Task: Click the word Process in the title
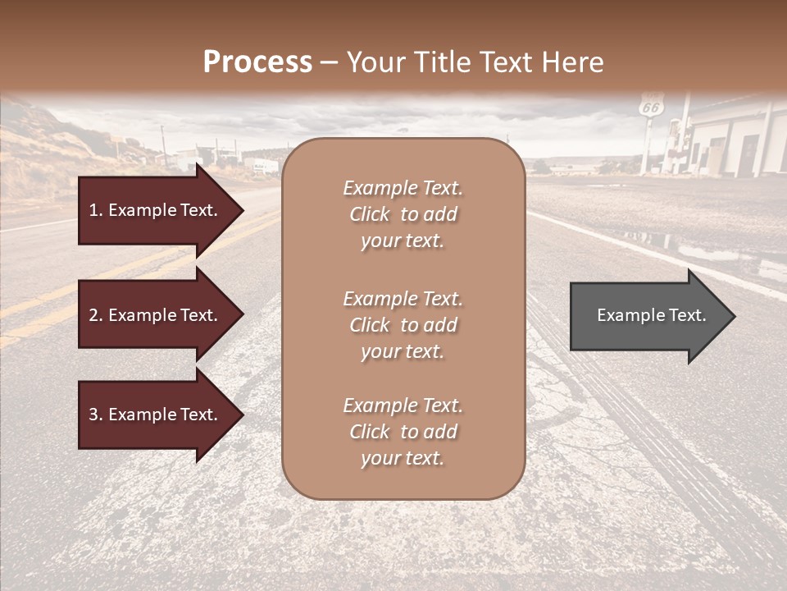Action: tap(257, 62)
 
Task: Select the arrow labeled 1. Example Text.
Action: tap(156, 210)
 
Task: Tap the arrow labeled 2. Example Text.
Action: tap(156, 315)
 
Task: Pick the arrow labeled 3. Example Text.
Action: tap(156, 415)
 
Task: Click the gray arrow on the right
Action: tap(648, 315)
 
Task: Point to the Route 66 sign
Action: tap(651, 107)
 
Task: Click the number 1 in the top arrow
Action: tap(93, 210)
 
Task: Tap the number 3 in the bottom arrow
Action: tap(93, 415)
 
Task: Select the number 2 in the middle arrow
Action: tap(93, 315)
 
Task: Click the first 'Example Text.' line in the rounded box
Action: tap(403, 188)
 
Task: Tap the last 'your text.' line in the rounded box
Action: tap(403, 458)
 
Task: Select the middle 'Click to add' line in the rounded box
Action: tap(403, 325)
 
